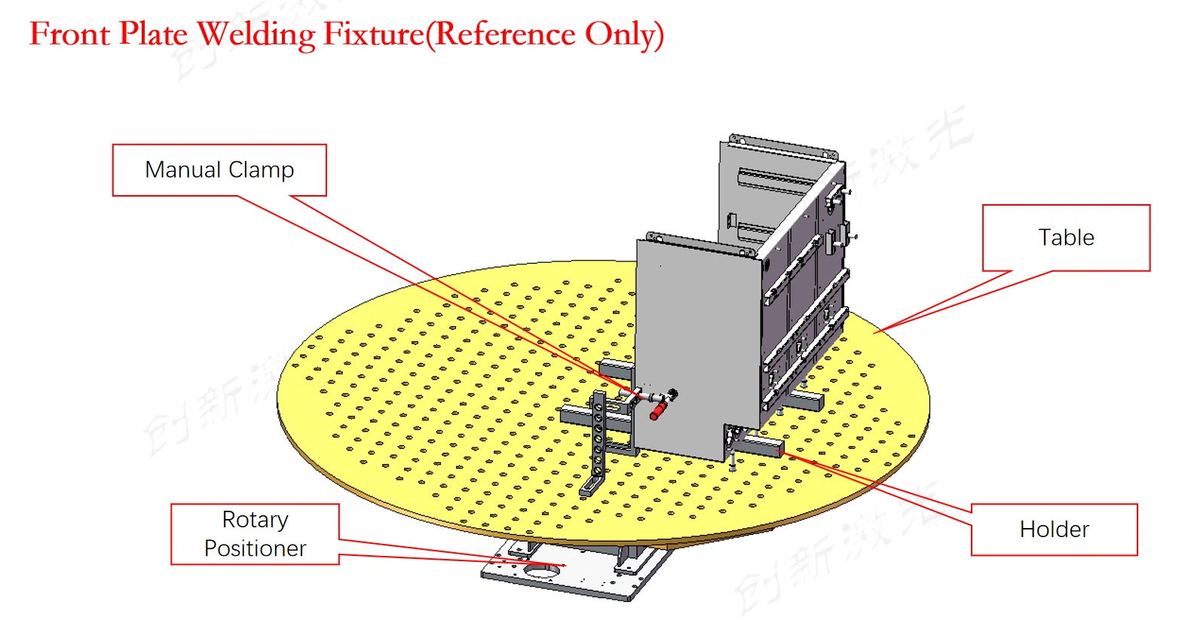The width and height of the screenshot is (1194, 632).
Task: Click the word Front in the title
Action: pos(69,34)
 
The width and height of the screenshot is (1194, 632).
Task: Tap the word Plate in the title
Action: pos(154,34)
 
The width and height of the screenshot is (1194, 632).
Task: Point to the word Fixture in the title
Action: pos(374,34)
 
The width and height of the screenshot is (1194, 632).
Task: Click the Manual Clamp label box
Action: pos(219,170)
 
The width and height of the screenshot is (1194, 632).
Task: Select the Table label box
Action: pos(1066,237)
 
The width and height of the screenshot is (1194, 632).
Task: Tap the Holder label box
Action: pos(1054,530)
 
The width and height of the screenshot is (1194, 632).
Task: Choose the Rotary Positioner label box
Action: pos(255,534)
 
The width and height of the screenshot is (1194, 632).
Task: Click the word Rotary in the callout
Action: pos(255,520)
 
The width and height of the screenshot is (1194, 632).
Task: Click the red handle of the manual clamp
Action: pos(658,411)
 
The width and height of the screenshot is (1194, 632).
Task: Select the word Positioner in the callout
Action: pos(255,548)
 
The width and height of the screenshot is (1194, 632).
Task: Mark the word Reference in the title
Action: pos(505,34)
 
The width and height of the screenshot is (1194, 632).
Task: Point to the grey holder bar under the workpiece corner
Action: pos(761,446)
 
